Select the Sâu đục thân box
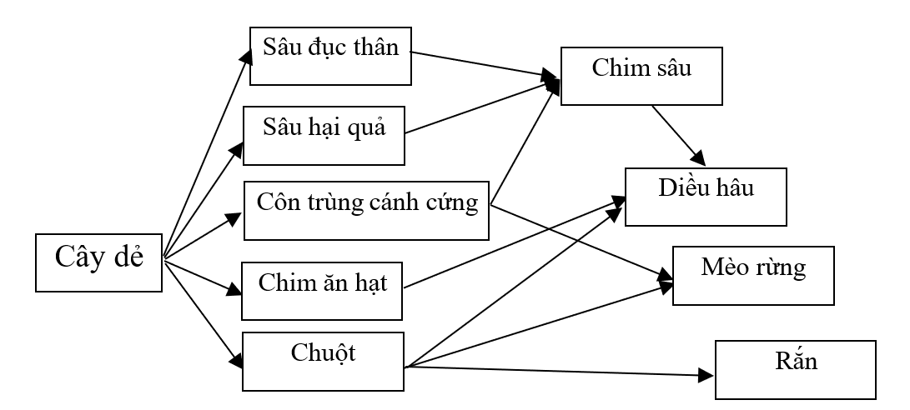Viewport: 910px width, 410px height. click(x=330, y=56)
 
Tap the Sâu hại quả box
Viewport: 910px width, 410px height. click(x=324, y=134)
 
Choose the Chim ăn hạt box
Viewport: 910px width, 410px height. click(x=323, y=289)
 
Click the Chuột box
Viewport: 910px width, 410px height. click(x=323, y=361)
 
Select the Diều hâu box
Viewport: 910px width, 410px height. click(x=705, y=196)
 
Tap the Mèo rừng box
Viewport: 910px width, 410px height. click(x=752, y=274)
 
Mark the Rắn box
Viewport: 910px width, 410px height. click(x=795, y=369)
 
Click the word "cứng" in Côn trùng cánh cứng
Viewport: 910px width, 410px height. click(x=455, y=202)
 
